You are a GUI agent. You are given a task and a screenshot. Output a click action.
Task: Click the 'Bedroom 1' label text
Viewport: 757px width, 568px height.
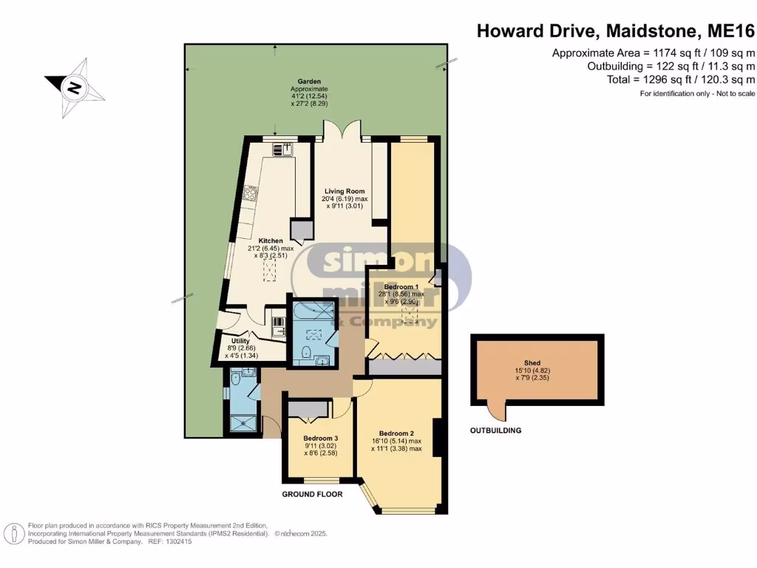[402, 286]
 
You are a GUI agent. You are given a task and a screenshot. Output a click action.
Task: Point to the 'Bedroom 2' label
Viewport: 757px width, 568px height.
[396, 433]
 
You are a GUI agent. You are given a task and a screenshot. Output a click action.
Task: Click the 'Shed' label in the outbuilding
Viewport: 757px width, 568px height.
[532, 363]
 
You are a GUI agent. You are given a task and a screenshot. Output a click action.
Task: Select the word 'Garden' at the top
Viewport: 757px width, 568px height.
[308, 81]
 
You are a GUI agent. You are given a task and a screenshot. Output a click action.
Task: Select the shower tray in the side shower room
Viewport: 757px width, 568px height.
[243, 423]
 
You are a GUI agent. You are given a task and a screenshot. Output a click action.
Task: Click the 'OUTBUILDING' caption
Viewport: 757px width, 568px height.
[496, 430]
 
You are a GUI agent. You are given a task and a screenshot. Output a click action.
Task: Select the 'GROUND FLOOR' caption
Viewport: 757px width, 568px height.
[312, 494]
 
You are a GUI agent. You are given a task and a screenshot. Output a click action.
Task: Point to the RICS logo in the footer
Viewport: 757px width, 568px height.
[13, 532]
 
